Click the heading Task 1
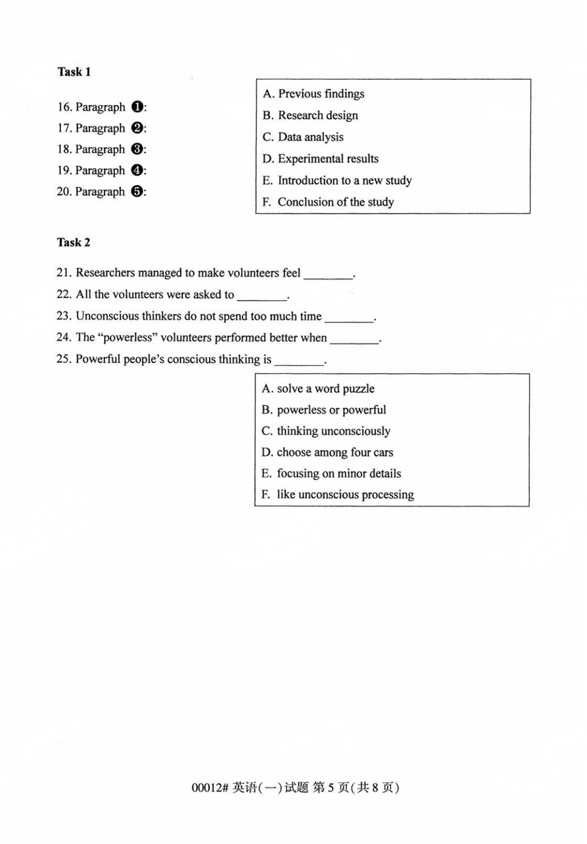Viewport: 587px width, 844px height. pyautogui.click(x=74, y=72)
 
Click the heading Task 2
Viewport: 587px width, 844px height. pyautogui.click(x=73, y=242)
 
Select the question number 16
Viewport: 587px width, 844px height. pyautogui.click(x=64, y=107)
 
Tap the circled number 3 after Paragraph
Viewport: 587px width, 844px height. pyautogui.click(x=138, y=149)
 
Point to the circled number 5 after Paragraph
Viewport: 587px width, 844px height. pyautogui.click(x=138, y=192)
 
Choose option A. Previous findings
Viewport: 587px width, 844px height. pyautogui.click(x=314, y=94)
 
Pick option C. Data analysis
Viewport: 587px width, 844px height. pyautogui.click(x=303, y=137)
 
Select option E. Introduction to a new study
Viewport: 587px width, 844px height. pyautogui.click(x=337, y=180)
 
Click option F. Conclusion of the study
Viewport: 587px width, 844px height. pyautogui.click(x=328, y=202)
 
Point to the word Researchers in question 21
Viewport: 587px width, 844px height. pyautogui.click(x=105, y=273)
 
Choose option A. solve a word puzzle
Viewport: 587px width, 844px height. pyautogui.click(x=318, y=389)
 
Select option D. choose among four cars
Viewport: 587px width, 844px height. pyautogui.click(x=327, y=452)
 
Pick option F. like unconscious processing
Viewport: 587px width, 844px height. pyautogui.click(x=338, y=495)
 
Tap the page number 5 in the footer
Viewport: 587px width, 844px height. pyautogui.click(x=330, y=787)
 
